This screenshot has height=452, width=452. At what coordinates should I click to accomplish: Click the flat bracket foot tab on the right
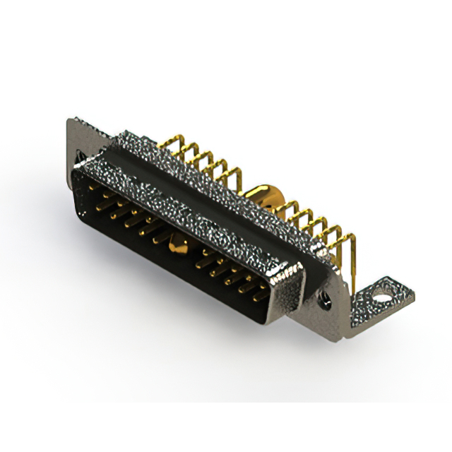tap(381, 297)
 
